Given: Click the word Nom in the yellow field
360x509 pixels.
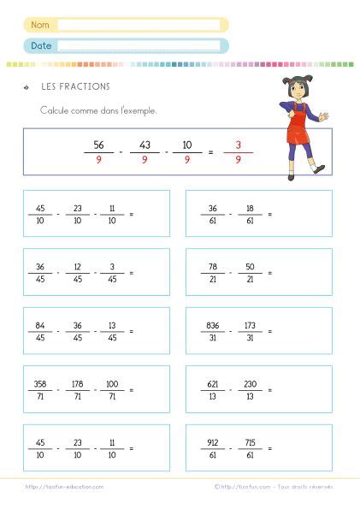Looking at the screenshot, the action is pyautogui.click(x=40, y=25).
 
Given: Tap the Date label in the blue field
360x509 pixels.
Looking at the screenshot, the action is pyautogui.click(x=40, y=45).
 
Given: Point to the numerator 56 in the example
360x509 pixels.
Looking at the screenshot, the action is pyautogui.click(x=98, y=145).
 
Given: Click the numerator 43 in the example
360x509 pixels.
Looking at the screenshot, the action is pyautogui.click(x=144, y=145).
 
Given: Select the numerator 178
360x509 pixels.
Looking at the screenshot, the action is pyautogui.click(x=77, y=383).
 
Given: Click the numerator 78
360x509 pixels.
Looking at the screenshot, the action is pyautogui.click(x=213, y=266).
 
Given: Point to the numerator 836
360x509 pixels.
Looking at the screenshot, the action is pyautogui.click(x=213, y=325).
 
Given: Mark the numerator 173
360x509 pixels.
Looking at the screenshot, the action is pyautogui.click(x=251, y=325).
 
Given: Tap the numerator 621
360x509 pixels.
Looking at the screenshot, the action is pyautogui.click(x=213, y=383).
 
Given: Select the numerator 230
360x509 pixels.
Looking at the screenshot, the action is pyautogui.click(x=251, y=383).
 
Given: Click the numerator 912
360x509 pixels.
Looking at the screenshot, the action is pyautogui.click(x=213, y=442).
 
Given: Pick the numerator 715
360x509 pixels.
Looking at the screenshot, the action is pyautogui.click(x=251, y=442).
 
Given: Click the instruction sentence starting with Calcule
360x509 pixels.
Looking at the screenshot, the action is pyautogui.click(x=98, y=110).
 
